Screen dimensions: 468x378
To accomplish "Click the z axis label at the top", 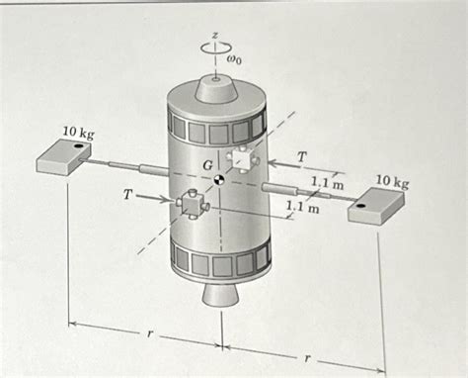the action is (214, 36).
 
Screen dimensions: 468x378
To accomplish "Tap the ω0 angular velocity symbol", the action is (234, 60).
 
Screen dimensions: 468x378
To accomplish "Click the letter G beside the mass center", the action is (207, 165).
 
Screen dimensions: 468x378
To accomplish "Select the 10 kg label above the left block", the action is (78, 133).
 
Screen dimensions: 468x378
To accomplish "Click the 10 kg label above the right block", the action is (392, 181).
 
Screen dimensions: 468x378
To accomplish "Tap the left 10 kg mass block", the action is (63, 156).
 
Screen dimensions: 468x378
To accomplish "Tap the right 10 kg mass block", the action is (376, 206).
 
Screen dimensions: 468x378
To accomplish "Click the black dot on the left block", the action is (78, 146).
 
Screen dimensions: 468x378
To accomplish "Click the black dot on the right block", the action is (361, 207).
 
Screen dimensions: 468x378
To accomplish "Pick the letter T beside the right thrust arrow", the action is (301, 157).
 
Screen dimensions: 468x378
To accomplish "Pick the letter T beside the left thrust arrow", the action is (127, 195).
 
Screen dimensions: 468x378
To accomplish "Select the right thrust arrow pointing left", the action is (284, 164).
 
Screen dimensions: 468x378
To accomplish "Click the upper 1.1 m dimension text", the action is (328, 183).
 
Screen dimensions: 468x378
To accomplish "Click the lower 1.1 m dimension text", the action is (303, 208).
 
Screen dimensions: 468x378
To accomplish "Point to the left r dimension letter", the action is (150, 334).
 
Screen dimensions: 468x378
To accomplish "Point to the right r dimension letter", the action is (307, 358).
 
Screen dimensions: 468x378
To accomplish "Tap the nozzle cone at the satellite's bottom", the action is (220, 295).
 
